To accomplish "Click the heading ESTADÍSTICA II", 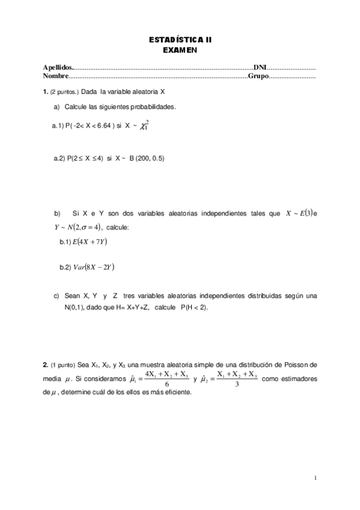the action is coord(180,40).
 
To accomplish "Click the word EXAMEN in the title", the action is coord(180,50).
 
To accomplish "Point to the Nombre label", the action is coord(56,76).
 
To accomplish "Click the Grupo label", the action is coord(257,76).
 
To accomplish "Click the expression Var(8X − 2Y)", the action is coord(93,267).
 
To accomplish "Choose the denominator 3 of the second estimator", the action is coord(237,386).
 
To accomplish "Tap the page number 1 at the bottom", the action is coord(314,479).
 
